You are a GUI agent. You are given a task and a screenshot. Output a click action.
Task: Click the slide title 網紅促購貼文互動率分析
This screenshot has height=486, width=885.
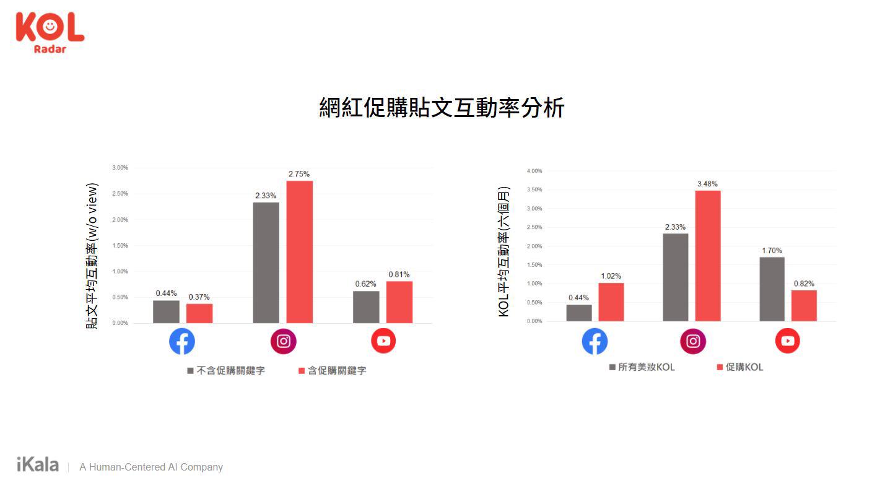click(x=442, y=108)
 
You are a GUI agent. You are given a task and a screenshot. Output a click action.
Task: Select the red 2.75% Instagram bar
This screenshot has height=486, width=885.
click(x=299, y=251)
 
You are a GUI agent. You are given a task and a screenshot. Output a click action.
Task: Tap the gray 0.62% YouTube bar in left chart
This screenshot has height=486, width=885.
click(x=366, y=307)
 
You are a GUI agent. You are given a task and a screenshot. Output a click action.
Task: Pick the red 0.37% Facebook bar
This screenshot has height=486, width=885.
click(x=199, y=313)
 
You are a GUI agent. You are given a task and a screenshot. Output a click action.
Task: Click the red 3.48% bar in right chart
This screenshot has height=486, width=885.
click(x=707, y=256)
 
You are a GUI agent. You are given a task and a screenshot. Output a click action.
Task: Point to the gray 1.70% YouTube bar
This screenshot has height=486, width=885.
click(x=772, y=289)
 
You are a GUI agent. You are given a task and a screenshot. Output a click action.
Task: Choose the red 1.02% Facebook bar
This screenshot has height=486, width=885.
click(x=611, y=302)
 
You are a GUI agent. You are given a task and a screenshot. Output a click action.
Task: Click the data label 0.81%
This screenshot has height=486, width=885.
click(x=399, y=274)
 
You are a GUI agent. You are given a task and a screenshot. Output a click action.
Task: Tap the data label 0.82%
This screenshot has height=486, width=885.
click(x=804, y=284)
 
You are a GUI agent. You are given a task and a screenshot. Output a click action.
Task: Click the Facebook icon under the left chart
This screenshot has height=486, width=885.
click(x=182, y=341)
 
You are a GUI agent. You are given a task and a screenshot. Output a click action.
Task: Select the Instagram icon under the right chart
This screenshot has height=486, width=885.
click(x=693, y=341)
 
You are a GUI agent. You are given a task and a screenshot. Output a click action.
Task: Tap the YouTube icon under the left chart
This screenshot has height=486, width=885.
click(x=383, y=341)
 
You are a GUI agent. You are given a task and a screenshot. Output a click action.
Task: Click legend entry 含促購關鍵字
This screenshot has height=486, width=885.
click(x=332, y=371)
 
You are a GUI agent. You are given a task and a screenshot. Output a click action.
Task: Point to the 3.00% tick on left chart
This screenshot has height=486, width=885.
click(x=120, y=168)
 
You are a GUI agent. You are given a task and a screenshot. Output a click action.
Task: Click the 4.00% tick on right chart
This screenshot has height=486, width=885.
click(x=534, y=171)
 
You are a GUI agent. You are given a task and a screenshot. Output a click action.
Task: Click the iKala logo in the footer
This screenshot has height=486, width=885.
click(x=38, y=465)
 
